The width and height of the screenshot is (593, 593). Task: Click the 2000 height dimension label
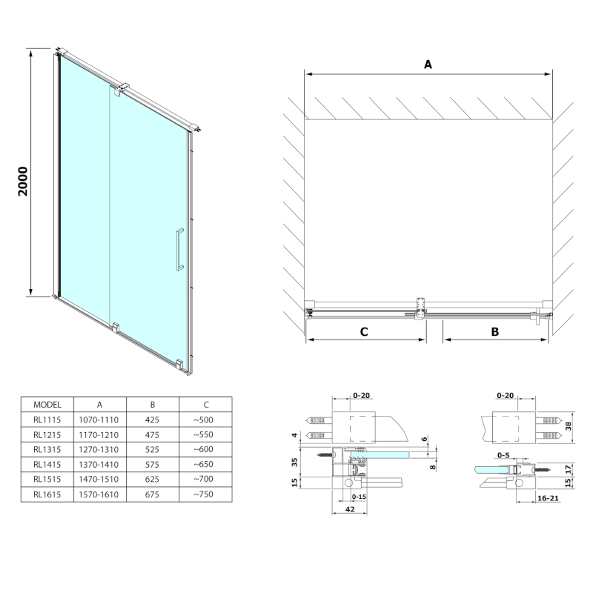click(23, 181)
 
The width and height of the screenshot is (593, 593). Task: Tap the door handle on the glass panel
click(179, 250)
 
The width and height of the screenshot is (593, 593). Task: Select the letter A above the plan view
click(428, 64)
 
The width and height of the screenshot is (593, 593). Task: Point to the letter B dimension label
click(494, 331)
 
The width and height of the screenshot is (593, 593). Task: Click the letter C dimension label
click(364, 331)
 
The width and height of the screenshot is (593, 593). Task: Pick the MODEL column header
click(47, 405)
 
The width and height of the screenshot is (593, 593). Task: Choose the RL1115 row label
click(47, 420)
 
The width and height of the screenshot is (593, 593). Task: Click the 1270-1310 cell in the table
click(99, 449)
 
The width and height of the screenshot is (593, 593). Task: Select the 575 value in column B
click(152, 465)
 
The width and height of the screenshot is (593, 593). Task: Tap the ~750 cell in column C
click(203, 494)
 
